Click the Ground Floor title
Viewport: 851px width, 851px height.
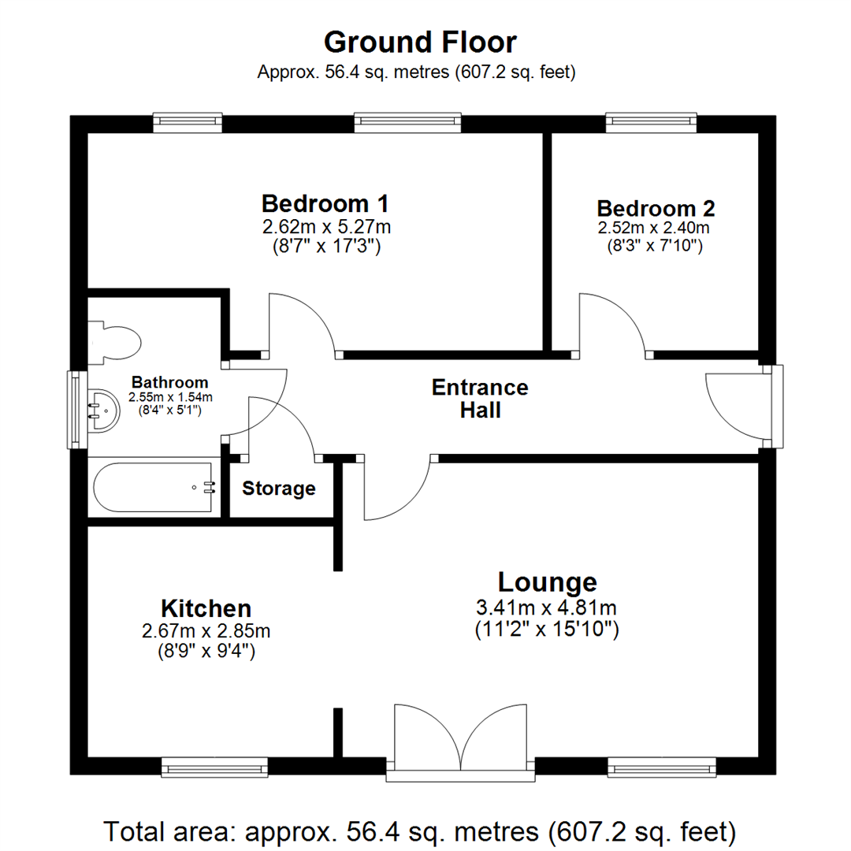pyautogui.click(x=421, y=42)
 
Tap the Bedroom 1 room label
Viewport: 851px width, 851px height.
pyautogui.click(x=325, y=204)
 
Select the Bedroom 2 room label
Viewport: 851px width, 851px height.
pyautogui.click(x=656, y=209)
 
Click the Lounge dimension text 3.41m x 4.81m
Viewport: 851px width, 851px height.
pyautogui.click(x=547, y=608)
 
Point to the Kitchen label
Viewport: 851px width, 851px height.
pyautogui.click(x=206, y=608)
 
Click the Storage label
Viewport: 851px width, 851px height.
pyautogui.click(x=278, y=489)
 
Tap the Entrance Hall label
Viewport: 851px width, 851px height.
pyautogui.click(x=480, y=399)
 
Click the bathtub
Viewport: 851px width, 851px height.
pyautogui.click(x=154, y=488)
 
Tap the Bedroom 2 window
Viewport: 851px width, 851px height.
pyautogui.click(x=651, y=121)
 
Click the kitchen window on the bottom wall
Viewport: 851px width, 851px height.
pyautogui.click(x=215, y=767)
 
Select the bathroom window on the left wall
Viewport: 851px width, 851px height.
pyautogui.click(x=76, y=409)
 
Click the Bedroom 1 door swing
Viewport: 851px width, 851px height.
pyautogui.click(x=303, y=323)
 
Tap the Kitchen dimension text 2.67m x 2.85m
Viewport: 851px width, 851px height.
pyautogui.click(x=206, y=632)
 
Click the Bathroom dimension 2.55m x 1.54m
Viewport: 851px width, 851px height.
pyautogui.click(x=170, y=397)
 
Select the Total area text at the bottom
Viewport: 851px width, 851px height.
pyautogui.click(x=421, y=831)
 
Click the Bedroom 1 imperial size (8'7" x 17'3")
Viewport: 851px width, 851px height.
pyautogui.click(x=325, y=246)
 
